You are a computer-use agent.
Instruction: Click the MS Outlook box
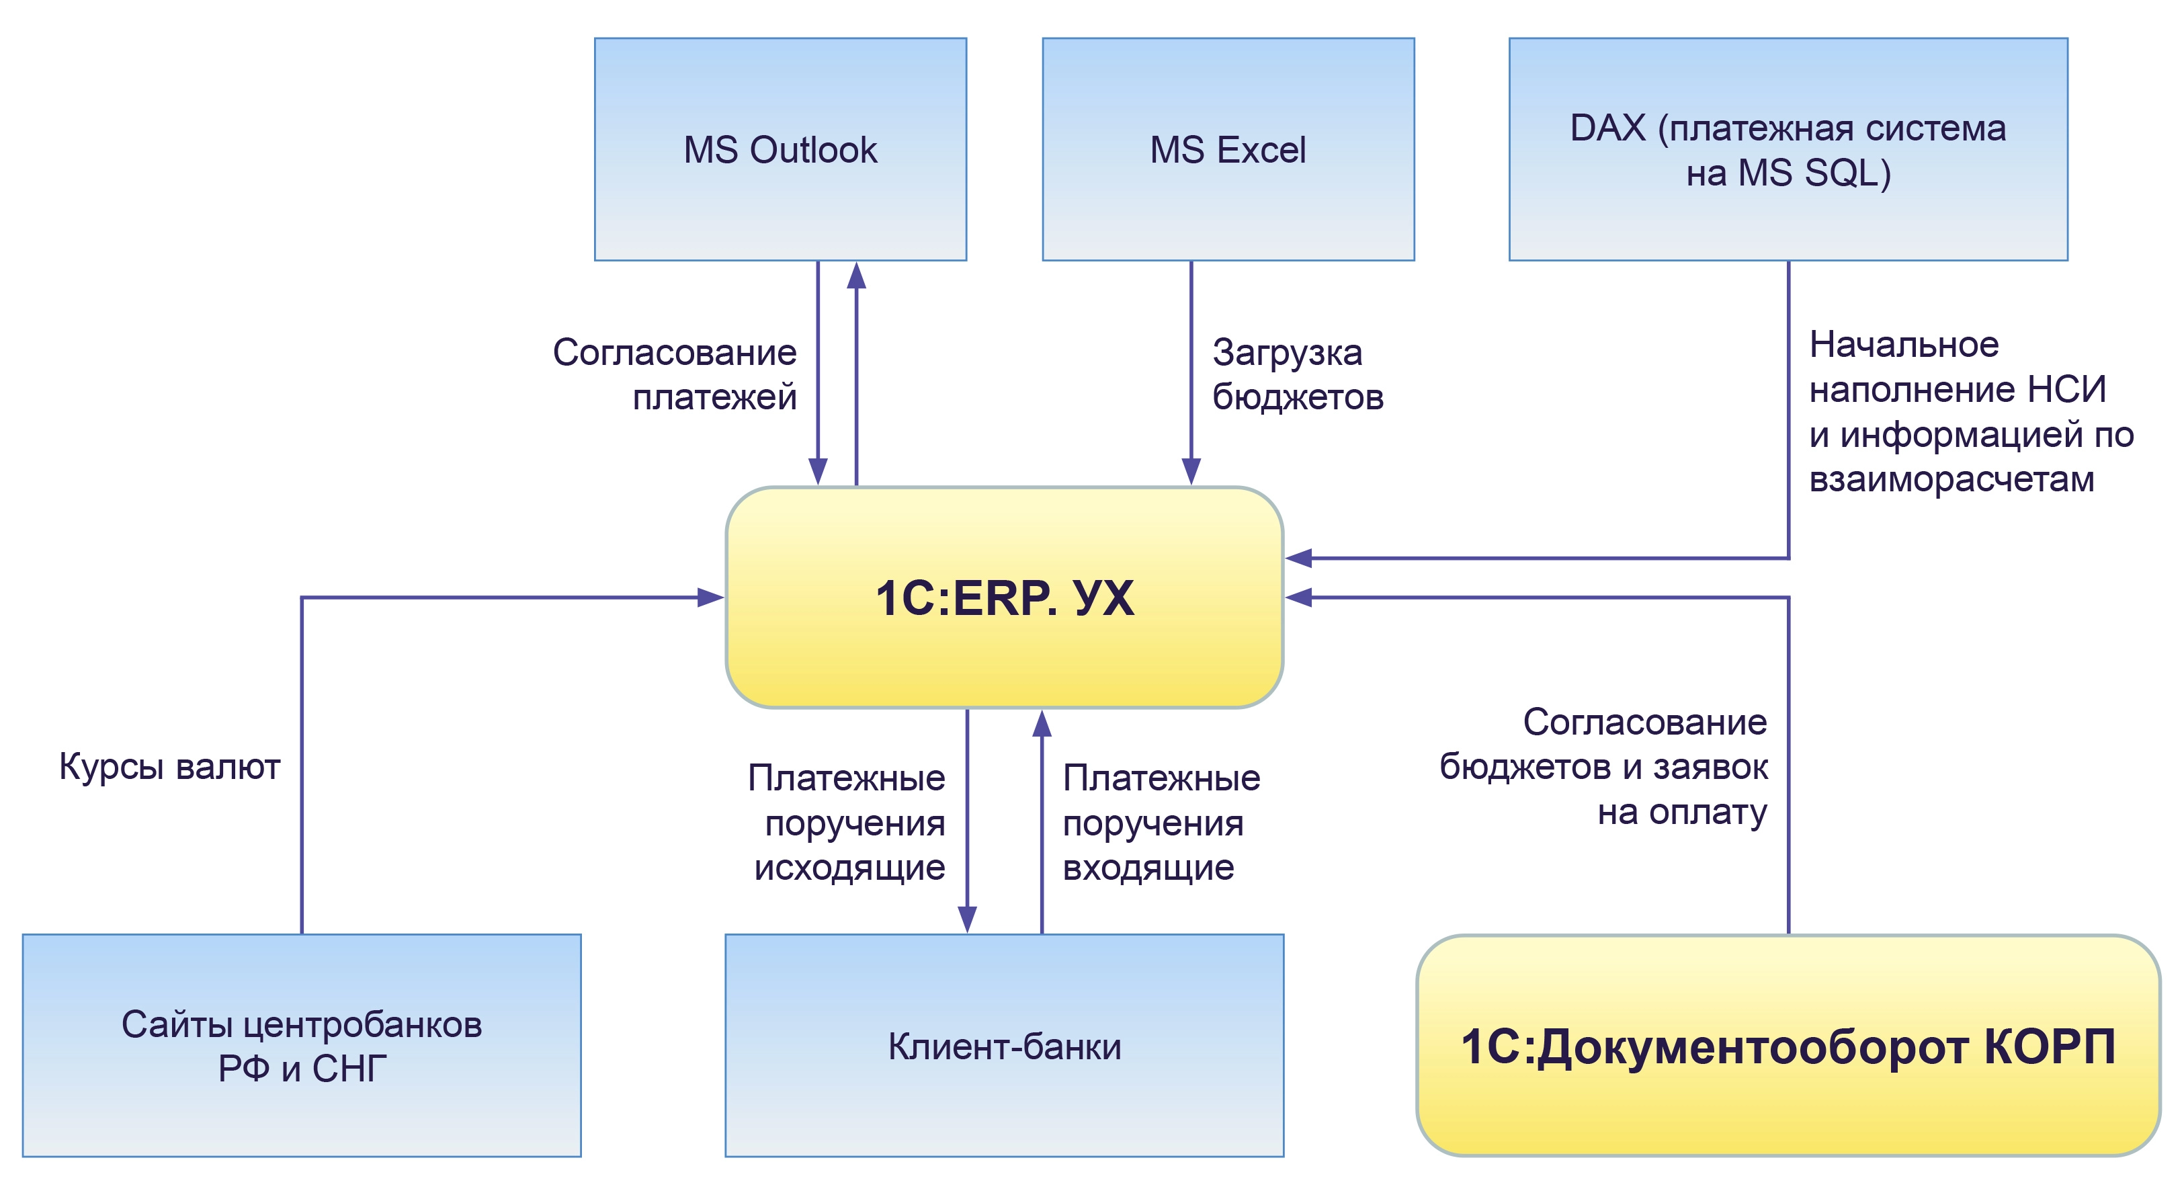point(780,149)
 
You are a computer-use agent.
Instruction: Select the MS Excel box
point(1228,149)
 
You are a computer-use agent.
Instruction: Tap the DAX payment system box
point(1788,149)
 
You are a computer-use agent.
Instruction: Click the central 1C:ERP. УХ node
point(1004,597)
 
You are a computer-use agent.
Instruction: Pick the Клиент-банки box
point(1004,1045)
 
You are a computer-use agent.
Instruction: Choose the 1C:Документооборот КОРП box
point(1788,1045)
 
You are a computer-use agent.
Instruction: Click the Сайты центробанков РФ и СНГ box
point(302,1045)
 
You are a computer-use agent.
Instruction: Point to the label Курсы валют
point(169,767)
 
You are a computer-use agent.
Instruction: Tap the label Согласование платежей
point(675,374)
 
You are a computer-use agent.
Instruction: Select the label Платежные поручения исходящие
point(848,822)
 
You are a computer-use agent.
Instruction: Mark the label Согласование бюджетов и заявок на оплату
point(1604,767)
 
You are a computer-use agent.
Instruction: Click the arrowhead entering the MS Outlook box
point(856,275)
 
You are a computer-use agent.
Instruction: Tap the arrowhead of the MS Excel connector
point(1191,470)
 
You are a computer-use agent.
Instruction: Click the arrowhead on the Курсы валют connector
point(710,597)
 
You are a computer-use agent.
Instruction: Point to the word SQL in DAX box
point(1841,173)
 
